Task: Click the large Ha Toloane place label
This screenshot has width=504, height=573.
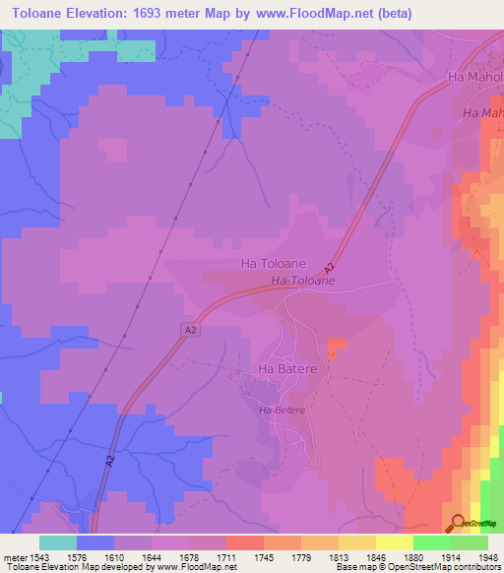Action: (274, 265)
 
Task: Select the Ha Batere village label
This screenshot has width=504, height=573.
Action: (285, 369)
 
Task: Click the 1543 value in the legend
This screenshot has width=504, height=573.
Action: (39, 557)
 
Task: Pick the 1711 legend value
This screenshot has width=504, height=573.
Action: (226, 557)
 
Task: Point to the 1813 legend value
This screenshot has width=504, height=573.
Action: (339, 557)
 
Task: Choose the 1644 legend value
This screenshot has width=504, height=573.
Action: (152, 557)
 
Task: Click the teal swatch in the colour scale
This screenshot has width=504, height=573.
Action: (58, 542)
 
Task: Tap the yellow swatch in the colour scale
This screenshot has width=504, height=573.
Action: (394, 542)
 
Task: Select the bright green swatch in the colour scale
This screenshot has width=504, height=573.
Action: (431, 542)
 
